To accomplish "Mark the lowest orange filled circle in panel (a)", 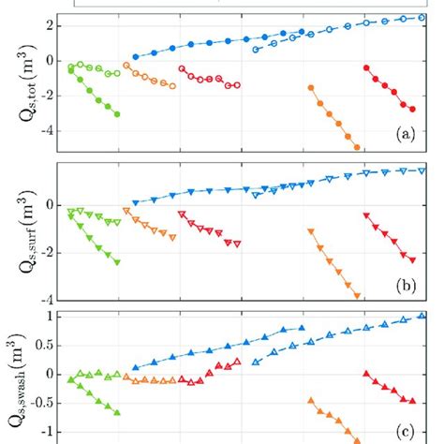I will pyautogui.click(x=356, y=147).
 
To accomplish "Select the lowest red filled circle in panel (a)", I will pyautogui.click(x=412, y=110).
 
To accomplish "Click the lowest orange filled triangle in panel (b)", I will pyautogui.click(x=357, y=296).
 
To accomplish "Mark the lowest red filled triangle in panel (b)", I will pyautogui.click(x=412, y=259).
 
